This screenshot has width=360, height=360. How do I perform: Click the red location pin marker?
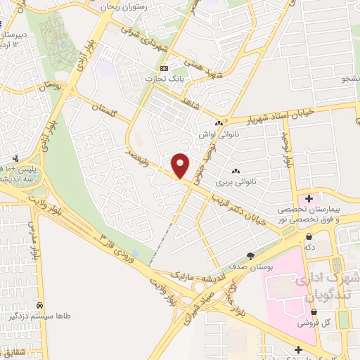click(x=181, y=165)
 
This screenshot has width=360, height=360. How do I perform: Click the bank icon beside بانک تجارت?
click(x=165, y=68)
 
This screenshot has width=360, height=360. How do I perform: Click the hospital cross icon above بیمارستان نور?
click(x=309, y=198)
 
